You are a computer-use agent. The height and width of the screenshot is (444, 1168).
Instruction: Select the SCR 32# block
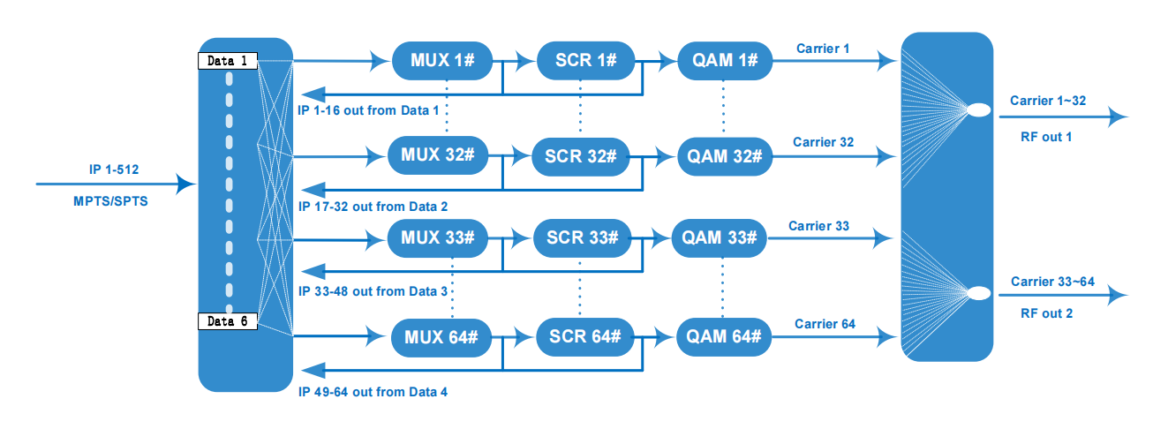pos(580,155)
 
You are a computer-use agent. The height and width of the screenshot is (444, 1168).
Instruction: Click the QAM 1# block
pos(725,60)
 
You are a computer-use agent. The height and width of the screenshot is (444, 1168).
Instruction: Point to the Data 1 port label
pos(228,61)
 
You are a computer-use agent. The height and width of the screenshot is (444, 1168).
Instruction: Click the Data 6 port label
pos(228,321)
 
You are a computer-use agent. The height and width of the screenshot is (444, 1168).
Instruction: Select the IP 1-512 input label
pos(114,168)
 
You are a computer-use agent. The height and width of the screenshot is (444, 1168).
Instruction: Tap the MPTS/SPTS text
pos(110,201)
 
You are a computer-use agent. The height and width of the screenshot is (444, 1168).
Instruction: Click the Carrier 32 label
pos(823,142)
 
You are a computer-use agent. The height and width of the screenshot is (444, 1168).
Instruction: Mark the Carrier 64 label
pos(825,324)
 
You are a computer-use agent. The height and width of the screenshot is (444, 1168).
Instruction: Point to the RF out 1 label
pos(1045,137)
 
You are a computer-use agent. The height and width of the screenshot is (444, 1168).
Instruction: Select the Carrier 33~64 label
pos(1052,282)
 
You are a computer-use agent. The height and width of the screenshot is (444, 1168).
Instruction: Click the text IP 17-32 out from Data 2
pos(373,207)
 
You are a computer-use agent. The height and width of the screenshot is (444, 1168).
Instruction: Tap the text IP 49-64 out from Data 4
pos(373,391)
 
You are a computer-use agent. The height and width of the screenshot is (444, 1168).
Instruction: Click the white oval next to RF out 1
pos(978,111)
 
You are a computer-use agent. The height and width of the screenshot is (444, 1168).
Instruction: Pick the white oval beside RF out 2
pos(978,293)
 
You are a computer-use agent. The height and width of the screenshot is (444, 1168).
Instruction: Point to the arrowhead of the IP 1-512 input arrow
pos(186,184)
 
